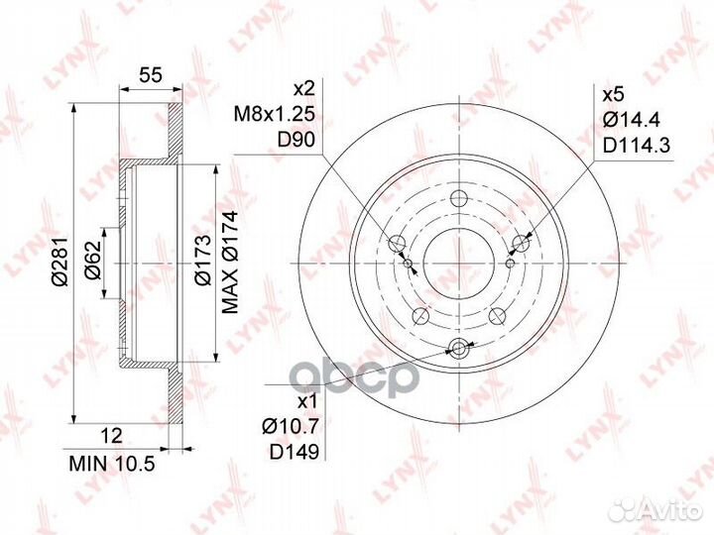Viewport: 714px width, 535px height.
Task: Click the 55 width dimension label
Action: [151, 74]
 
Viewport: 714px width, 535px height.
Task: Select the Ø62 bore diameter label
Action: [92, 261]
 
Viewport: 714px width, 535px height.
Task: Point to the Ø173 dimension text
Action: [202, 261]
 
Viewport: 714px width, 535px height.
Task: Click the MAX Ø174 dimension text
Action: [230, 263]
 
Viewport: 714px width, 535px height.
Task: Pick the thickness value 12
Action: [111, 436]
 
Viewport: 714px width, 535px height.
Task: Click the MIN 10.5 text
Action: [112, 464]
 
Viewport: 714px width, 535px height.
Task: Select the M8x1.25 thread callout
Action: [274, 114]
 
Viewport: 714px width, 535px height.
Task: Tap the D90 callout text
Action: [296, 140]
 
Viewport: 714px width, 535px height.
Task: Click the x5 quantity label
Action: [613, 95]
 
